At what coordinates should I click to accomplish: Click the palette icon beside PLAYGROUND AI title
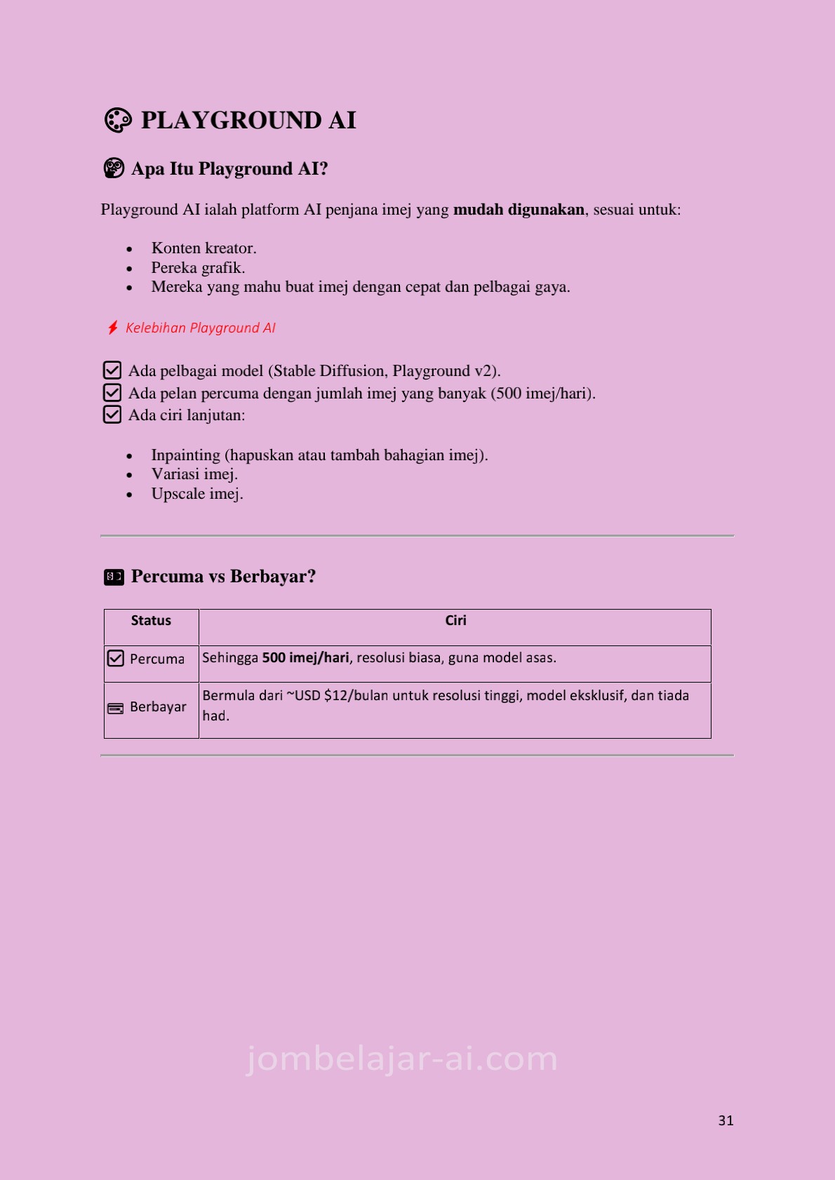pos(118,120)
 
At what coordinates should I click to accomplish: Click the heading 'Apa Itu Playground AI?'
pos(229,169)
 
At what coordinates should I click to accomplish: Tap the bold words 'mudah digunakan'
pos(519,210)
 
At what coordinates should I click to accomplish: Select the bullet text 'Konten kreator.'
pos(203,248)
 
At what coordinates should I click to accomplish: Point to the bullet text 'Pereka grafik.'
pos(198,268)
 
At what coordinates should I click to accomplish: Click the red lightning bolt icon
pos(113,328)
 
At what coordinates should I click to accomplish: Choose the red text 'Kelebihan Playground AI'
pos(201,328)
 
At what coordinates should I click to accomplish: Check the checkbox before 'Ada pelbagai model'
pos(112,370)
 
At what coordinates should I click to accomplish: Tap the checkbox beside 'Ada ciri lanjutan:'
pos(112,415)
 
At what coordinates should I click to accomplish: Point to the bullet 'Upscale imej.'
pos(197,494)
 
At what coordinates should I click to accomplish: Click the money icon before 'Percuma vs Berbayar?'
pos(114,577)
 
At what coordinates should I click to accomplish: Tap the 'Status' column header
pos(151,621)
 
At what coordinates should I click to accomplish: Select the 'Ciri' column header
pos(455,621)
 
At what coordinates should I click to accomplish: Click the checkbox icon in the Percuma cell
pos(116,659)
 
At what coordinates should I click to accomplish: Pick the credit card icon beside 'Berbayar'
pos(116,709)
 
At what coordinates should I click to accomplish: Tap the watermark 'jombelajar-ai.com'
pos(402,1059)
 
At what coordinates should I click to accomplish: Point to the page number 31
pos(726,1120)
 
